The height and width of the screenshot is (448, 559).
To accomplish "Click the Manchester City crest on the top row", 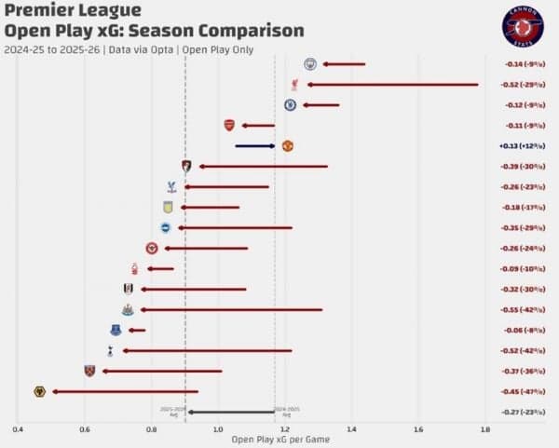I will click(310, 63).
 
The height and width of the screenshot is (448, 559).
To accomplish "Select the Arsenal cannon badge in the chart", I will click(229, 125).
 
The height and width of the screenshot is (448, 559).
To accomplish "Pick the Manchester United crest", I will click(288, 145).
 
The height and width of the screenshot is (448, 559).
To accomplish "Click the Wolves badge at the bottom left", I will click(39, 391).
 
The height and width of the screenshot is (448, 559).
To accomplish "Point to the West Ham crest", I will click(89, 371).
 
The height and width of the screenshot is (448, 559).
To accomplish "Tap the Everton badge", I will click(116, 330).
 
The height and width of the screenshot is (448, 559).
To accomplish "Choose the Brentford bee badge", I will click(152, 249).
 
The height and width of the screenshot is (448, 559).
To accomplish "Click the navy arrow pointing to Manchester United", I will click(254, 145).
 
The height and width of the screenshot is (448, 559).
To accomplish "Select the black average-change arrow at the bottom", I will click(231, 412).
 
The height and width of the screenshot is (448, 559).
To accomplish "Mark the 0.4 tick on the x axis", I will click(18, 429).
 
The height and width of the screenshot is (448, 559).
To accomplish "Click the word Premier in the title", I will click(34, 11).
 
